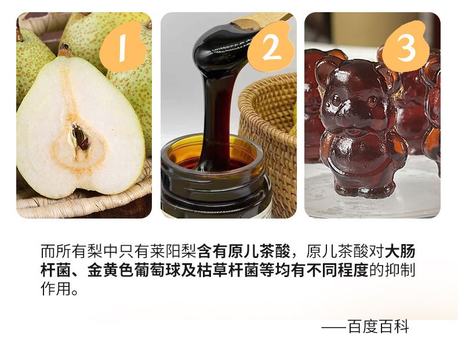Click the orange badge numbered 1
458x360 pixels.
click(x=123, y=48)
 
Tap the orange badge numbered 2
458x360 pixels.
click(x=271, y=47)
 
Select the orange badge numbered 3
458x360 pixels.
click(x=406, y=47)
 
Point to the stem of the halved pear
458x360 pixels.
click(x=64, y=50)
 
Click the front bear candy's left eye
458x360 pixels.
click(x=336, y=100)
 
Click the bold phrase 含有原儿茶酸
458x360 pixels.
click(x=244, y=251)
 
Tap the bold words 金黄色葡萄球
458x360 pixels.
click(x=134, y=270)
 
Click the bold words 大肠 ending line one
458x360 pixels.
click(x=400, y=251)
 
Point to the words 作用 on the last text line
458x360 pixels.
click(x=56, y=289)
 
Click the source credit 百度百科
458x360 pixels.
click(x=378, y=326)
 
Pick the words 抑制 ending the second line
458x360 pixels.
click(x=400, y=270)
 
